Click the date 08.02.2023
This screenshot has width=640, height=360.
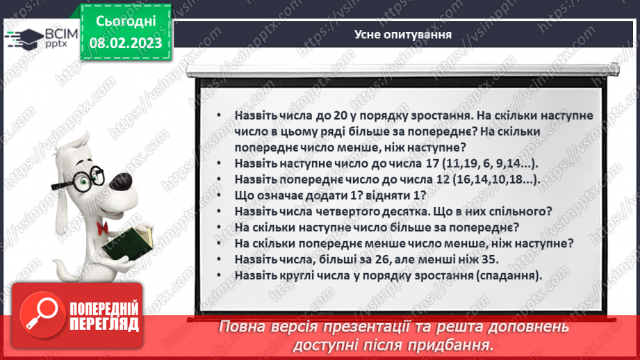point(125,42)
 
